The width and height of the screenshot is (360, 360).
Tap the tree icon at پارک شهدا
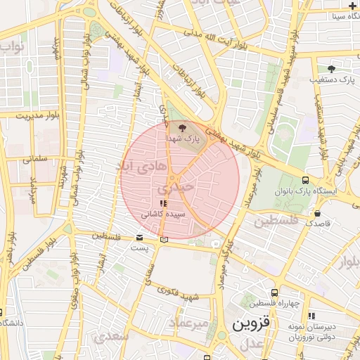[183, 127]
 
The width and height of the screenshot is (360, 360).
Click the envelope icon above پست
[139, 238]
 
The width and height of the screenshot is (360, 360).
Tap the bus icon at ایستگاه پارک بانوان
[304, 180]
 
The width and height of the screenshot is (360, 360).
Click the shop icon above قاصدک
[318, 213]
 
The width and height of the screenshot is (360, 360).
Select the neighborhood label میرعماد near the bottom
[189, 323]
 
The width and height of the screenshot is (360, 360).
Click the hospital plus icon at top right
[352, 5]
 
